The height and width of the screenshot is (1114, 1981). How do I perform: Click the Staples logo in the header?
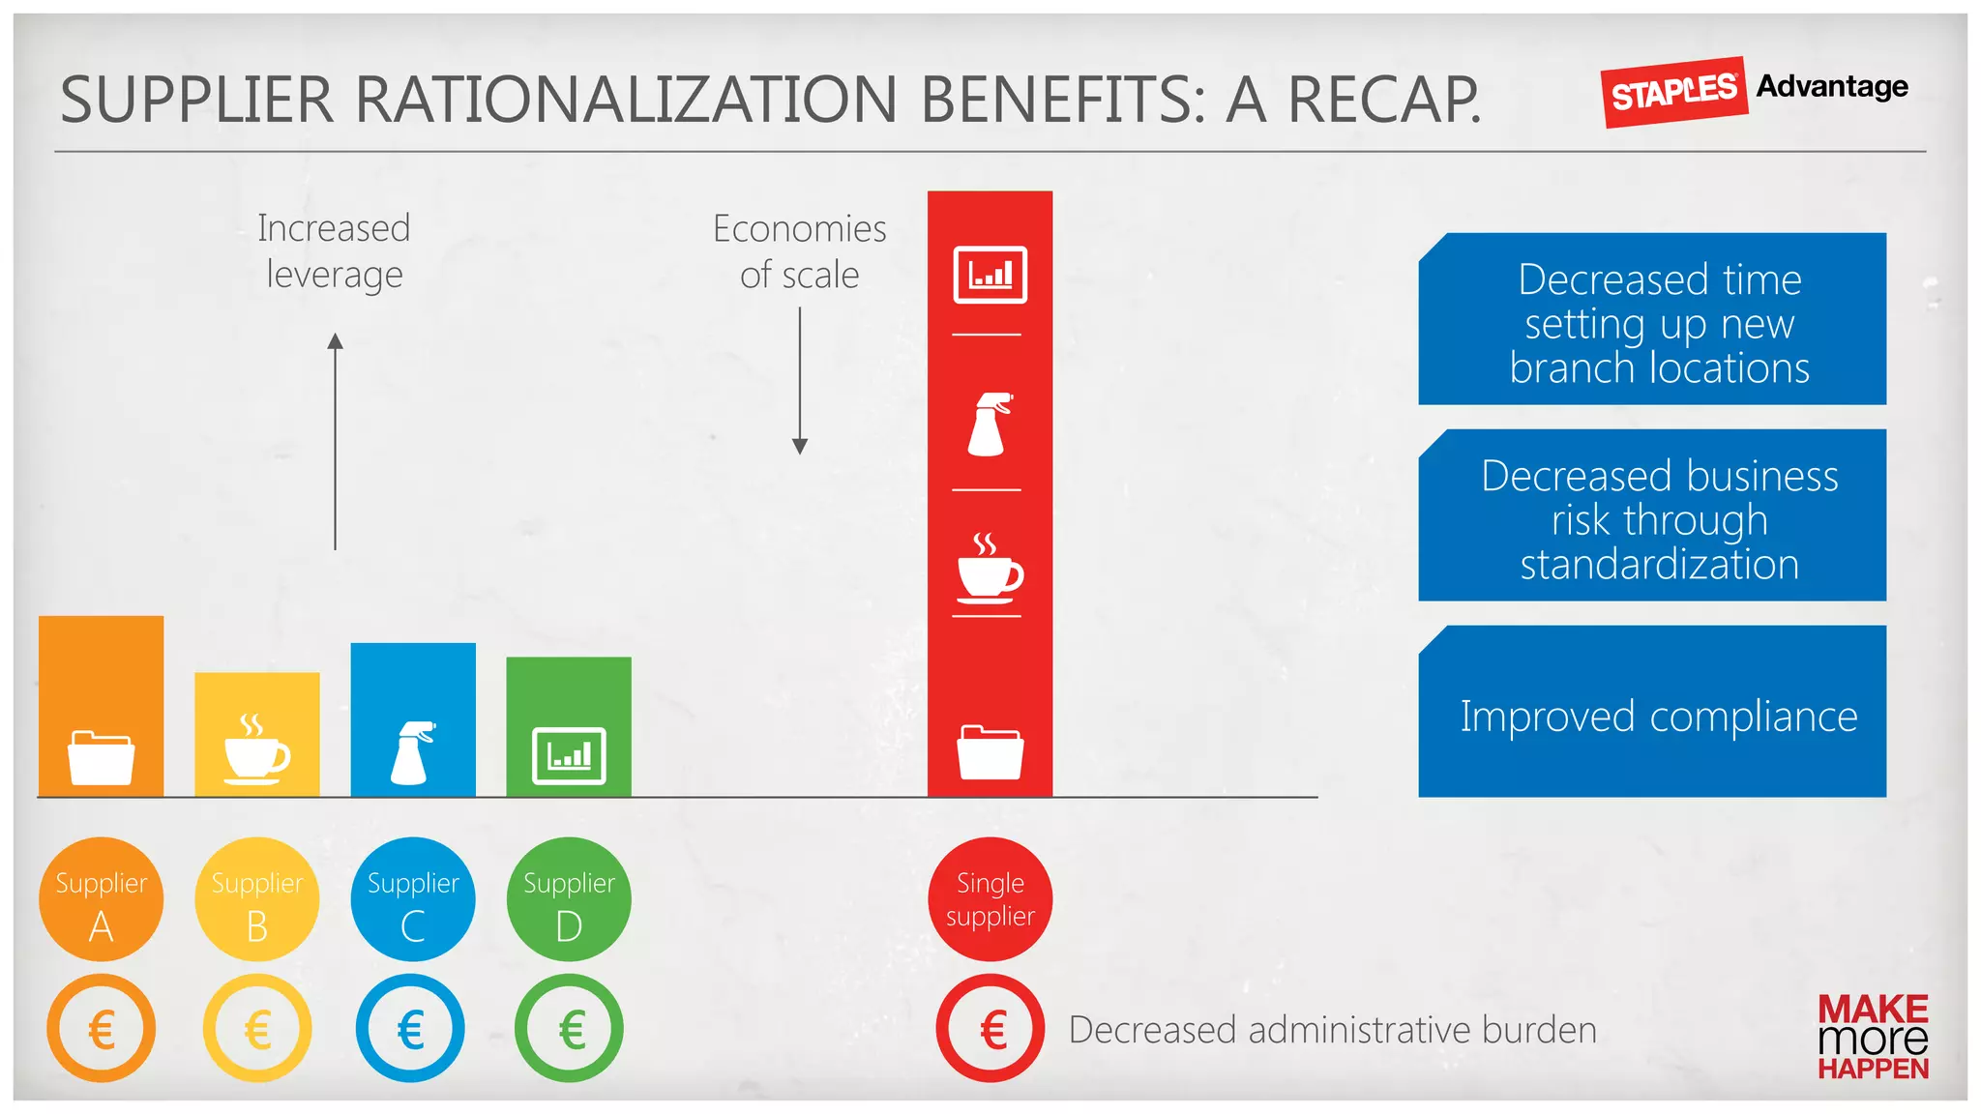tap(1673, 92)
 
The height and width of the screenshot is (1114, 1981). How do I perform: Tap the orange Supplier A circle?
tap(101, 899)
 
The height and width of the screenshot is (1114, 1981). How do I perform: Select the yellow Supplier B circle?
tap(256, 899)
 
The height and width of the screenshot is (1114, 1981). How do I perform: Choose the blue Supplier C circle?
tap(413, 899)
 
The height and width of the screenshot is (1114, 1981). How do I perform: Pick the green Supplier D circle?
tap(569, 899)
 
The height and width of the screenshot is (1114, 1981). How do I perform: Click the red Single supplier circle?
tap(990, 899)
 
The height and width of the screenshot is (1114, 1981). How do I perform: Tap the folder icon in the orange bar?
tap(101, 757)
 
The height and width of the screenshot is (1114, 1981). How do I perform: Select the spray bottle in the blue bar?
tap(413, 752)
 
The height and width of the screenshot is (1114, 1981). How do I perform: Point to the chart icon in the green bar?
tap(569, 755)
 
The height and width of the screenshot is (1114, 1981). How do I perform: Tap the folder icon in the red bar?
tap(990, 751)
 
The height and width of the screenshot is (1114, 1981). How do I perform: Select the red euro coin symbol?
tap(990, 1029)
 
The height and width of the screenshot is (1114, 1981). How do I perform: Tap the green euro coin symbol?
tap(569, 1029)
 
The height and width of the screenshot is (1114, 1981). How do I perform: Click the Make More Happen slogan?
tap(1873, 1037)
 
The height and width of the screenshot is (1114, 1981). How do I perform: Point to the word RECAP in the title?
tap(1383, 100)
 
